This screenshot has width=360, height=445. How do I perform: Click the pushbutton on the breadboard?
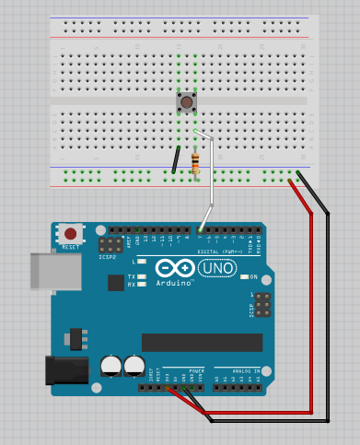point(187,101)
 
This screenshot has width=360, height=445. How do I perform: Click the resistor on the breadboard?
point(194,164)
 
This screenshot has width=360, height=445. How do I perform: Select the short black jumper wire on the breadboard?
point(175,159)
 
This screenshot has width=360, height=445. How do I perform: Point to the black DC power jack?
point(66,370)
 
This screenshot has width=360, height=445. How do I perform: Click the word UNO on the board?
point(217,268)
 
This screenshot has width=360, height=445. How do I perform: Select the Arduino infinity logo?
point(174,268)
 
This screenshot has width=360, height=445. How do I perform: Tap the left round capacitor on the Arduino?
point(112,365)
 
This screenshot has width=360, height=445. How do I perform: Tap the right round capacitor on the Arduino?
point(134,365)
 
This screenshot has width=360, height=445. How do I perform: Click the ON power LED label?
point(253,276)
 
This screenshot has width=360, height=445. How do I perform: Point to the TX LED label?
point(131,276)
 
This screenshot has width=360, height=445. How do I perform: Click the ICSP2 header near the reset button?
point(110,246)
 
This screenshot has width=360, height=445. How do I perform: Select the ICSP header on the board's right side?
point(261,305)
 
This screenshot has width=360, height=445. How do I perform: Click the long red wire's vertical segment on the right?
point(312,313)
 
